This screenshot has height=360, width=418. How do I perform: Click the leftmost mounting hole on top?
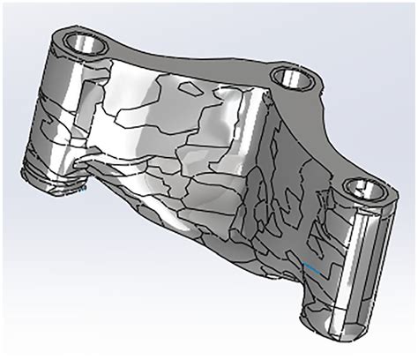(x=86, y=42)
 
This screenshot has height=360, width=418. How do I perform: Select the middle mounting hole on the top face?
(x=289, y=79)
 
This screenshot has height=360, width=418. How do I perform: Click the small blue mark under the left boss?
(x=82, y=187)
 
